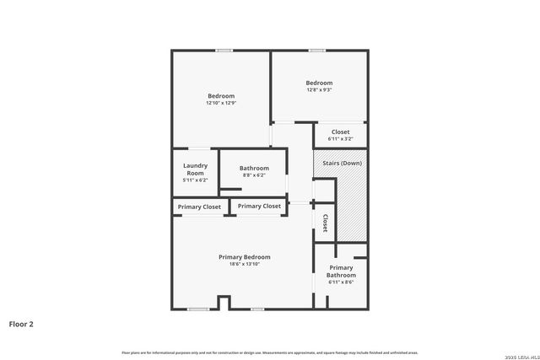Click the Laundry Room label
tap(195, 169)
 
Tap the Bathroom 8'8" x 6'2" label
tap(254, 169)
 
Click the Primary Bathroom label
tap(342, 271)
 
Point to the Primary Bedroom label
tap(245, 257)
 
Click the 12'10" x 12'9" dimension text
tap(221, 104)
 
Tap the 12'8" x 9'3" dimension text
tap(319, 90)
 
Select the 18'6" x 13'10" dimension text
tap(245, 265)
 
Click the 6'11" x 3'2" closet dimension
tap(341, 139)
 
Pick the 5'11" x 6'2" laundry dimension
tap(195, 180)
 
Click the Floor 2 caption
tap(21, 324)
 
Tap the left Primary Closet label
tap(200, 207)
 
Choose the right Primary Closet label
tap(259, 206)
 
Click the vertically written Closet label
tap(325, 223)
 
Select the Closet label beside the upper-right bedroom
tap(341, 132)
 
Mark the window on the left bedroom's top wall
tap(224, 51)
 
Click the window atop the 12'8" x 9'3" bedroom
tap(316, 51)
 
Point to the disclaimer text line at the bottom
tap(269, 352)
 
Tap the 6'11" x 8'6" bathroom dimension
tap(342, 282)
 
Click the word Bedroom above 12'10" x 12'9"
tap(221, 96)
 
